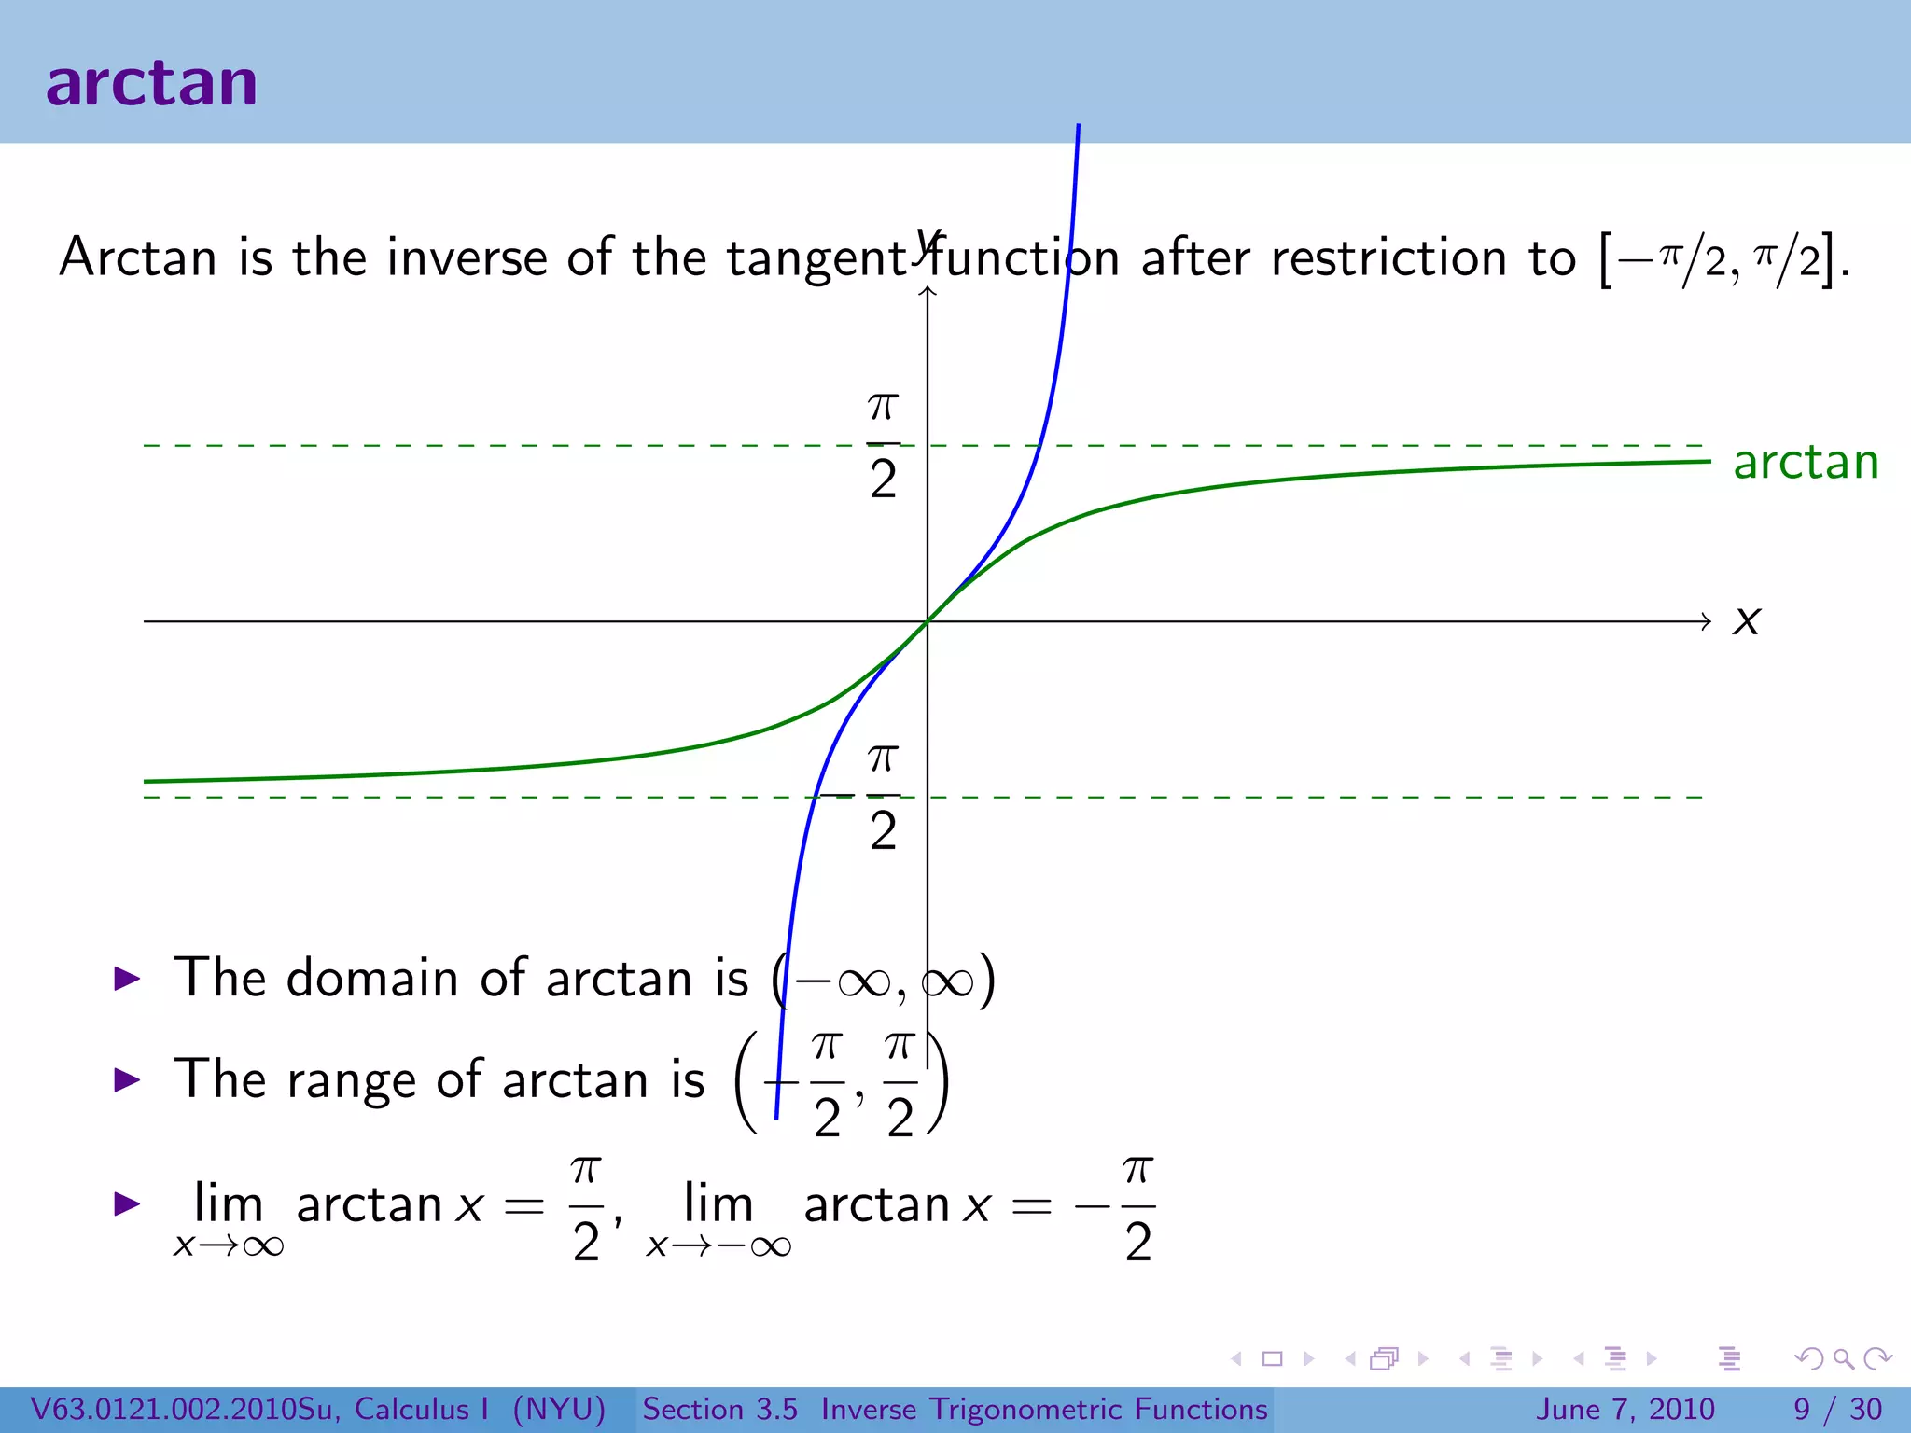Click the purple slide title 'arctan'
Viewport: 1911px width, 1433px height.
[x=151, y=83]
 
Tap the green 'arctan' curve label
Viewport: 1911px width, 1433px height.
[x=1806, y=462]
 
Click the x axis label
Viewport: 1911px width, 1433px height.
[x=1746, y=621]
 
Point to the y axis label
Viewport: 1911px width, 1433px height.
[x=928, y=244]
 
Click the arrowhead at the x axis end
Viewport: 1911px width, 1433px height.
[x=1706, y=621]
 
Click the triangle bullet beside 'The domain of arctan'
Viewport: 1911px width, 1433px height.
[x=127, y=979]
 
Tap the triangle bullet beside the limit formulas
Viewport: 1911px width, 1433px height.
[x=127, y=1203]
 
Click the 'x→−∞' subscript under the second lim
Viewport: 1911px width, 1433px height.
[x=718, y=1246]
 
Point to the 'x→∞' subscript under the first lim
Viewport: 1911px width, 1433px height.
[x=229, y=1246]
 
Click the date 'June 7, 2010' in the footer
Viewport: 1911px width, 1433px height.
[x=1625, y=1409]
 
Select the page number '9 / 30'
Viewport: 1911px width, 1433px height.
[x=1836, y=1409]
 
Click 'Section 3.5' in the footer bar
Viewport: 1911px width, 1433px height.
[x=719, y=1409]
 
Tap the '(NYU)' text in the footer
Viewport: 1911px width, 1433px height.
[x=559, y=1409]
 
